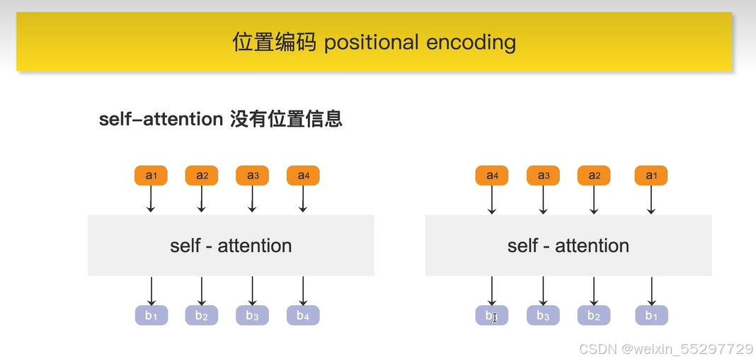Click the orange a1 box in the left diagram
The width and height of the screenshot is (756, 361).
151,176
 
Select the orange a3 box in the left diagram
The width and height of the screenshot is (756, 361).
252,176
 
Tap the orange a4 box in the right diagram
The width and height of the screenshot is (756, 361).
491,176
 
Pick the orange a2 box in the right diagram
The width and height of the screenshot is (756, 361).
594,176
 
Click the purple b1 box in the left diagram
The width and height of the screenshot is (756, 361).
151,315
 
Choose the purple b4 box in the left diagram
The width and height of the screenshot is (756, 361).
303,315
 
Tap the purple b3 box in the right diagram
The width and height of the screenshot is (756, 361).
543,315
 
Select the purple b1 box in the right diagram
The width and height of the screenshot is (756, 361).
651,315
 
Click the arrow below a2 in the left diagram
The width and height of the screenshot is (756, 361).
202,200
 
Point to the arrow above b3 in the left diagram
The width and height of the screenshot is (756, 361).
253,290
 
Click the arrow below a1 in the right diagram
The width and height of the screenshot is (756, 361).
651,200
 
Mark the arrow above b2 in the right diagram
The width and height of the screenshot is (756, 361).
594,290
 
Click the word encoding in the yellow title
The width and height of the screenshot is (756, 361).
471,42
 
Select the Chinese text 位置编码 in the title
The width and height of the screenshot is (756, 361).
274,42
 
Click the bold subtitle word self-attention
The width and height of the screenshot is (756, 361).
161,119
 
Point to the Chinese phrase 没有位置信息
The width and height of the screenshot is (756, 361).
286,119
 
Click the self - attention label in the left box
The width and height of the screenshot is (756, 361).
231,246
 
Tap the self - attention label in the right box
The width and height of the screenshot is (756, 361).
568,246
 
